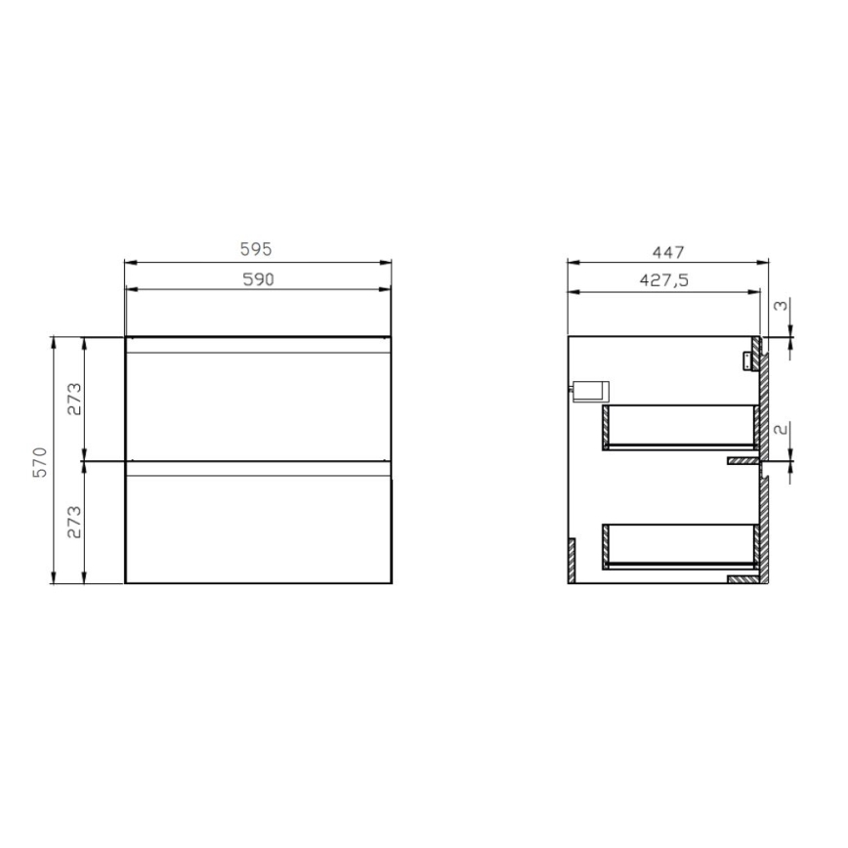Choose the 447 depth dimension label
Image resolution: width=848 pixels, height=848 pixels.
tap(667, 250)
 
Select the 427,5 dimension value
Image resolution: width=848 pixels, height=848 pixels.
tap(664, 279)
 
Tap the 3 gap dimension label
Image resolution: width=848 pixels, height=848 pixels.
tap(779, 306)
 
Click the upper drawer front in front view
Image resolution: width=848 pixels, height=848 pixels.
tap(258, 401)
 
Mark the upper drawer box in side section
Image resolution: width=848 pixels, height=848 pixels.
tap(681, 427)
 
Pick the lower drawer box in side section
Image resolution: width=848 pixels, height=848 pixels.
tap(681, 545)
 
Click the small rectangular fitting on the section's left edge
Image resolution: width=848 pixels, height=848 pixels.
tap(590, 389)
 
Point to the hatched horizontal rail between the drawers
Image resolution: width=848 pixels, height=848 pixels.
tap(743, 458)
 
